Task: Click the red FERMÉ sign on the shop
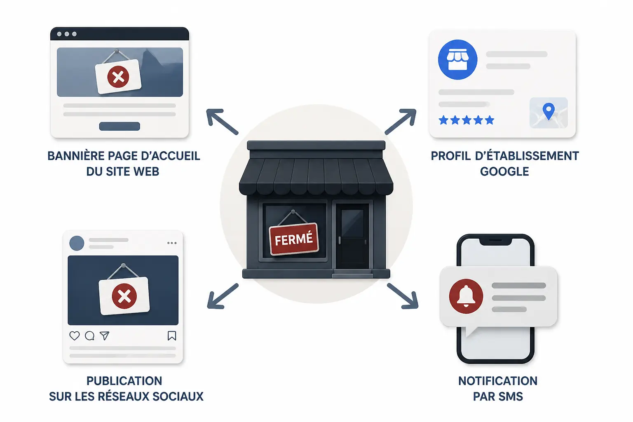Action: click(x=294, y=239)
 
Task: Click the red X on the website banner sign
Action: click(x=118, y=77)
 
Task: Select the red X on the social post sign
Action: click(x=124, y=296)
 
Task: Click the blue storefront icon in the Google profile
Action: click(x=457, y=60)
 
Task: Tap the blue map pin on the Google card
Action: click(x=549, y=111)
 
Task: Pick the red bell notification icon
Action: click(x=466, y=296)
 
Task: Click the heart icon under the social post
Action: click(x=75, y=335)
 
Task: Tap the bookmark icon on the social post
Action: click(x=172, y=335)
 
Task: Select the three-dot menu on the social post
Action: click(x=172, y=243)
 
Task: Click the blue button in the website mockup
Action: click(x=120, y=126)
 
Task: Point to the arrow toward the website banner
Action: click(x=222, y=122)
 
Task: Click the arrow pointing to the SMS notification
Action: click(x=403, y=296)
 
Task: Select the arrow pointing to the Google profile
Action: click(x=401, y=121)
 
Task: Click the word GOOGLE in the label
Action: click(x=504, y=171)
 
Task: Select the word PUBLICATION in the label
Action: click(x=124, y=381)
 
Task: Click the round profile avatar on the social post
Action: click(x=77, y=243)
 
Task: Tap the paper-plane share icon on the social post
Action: click(x=105, y=335)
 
